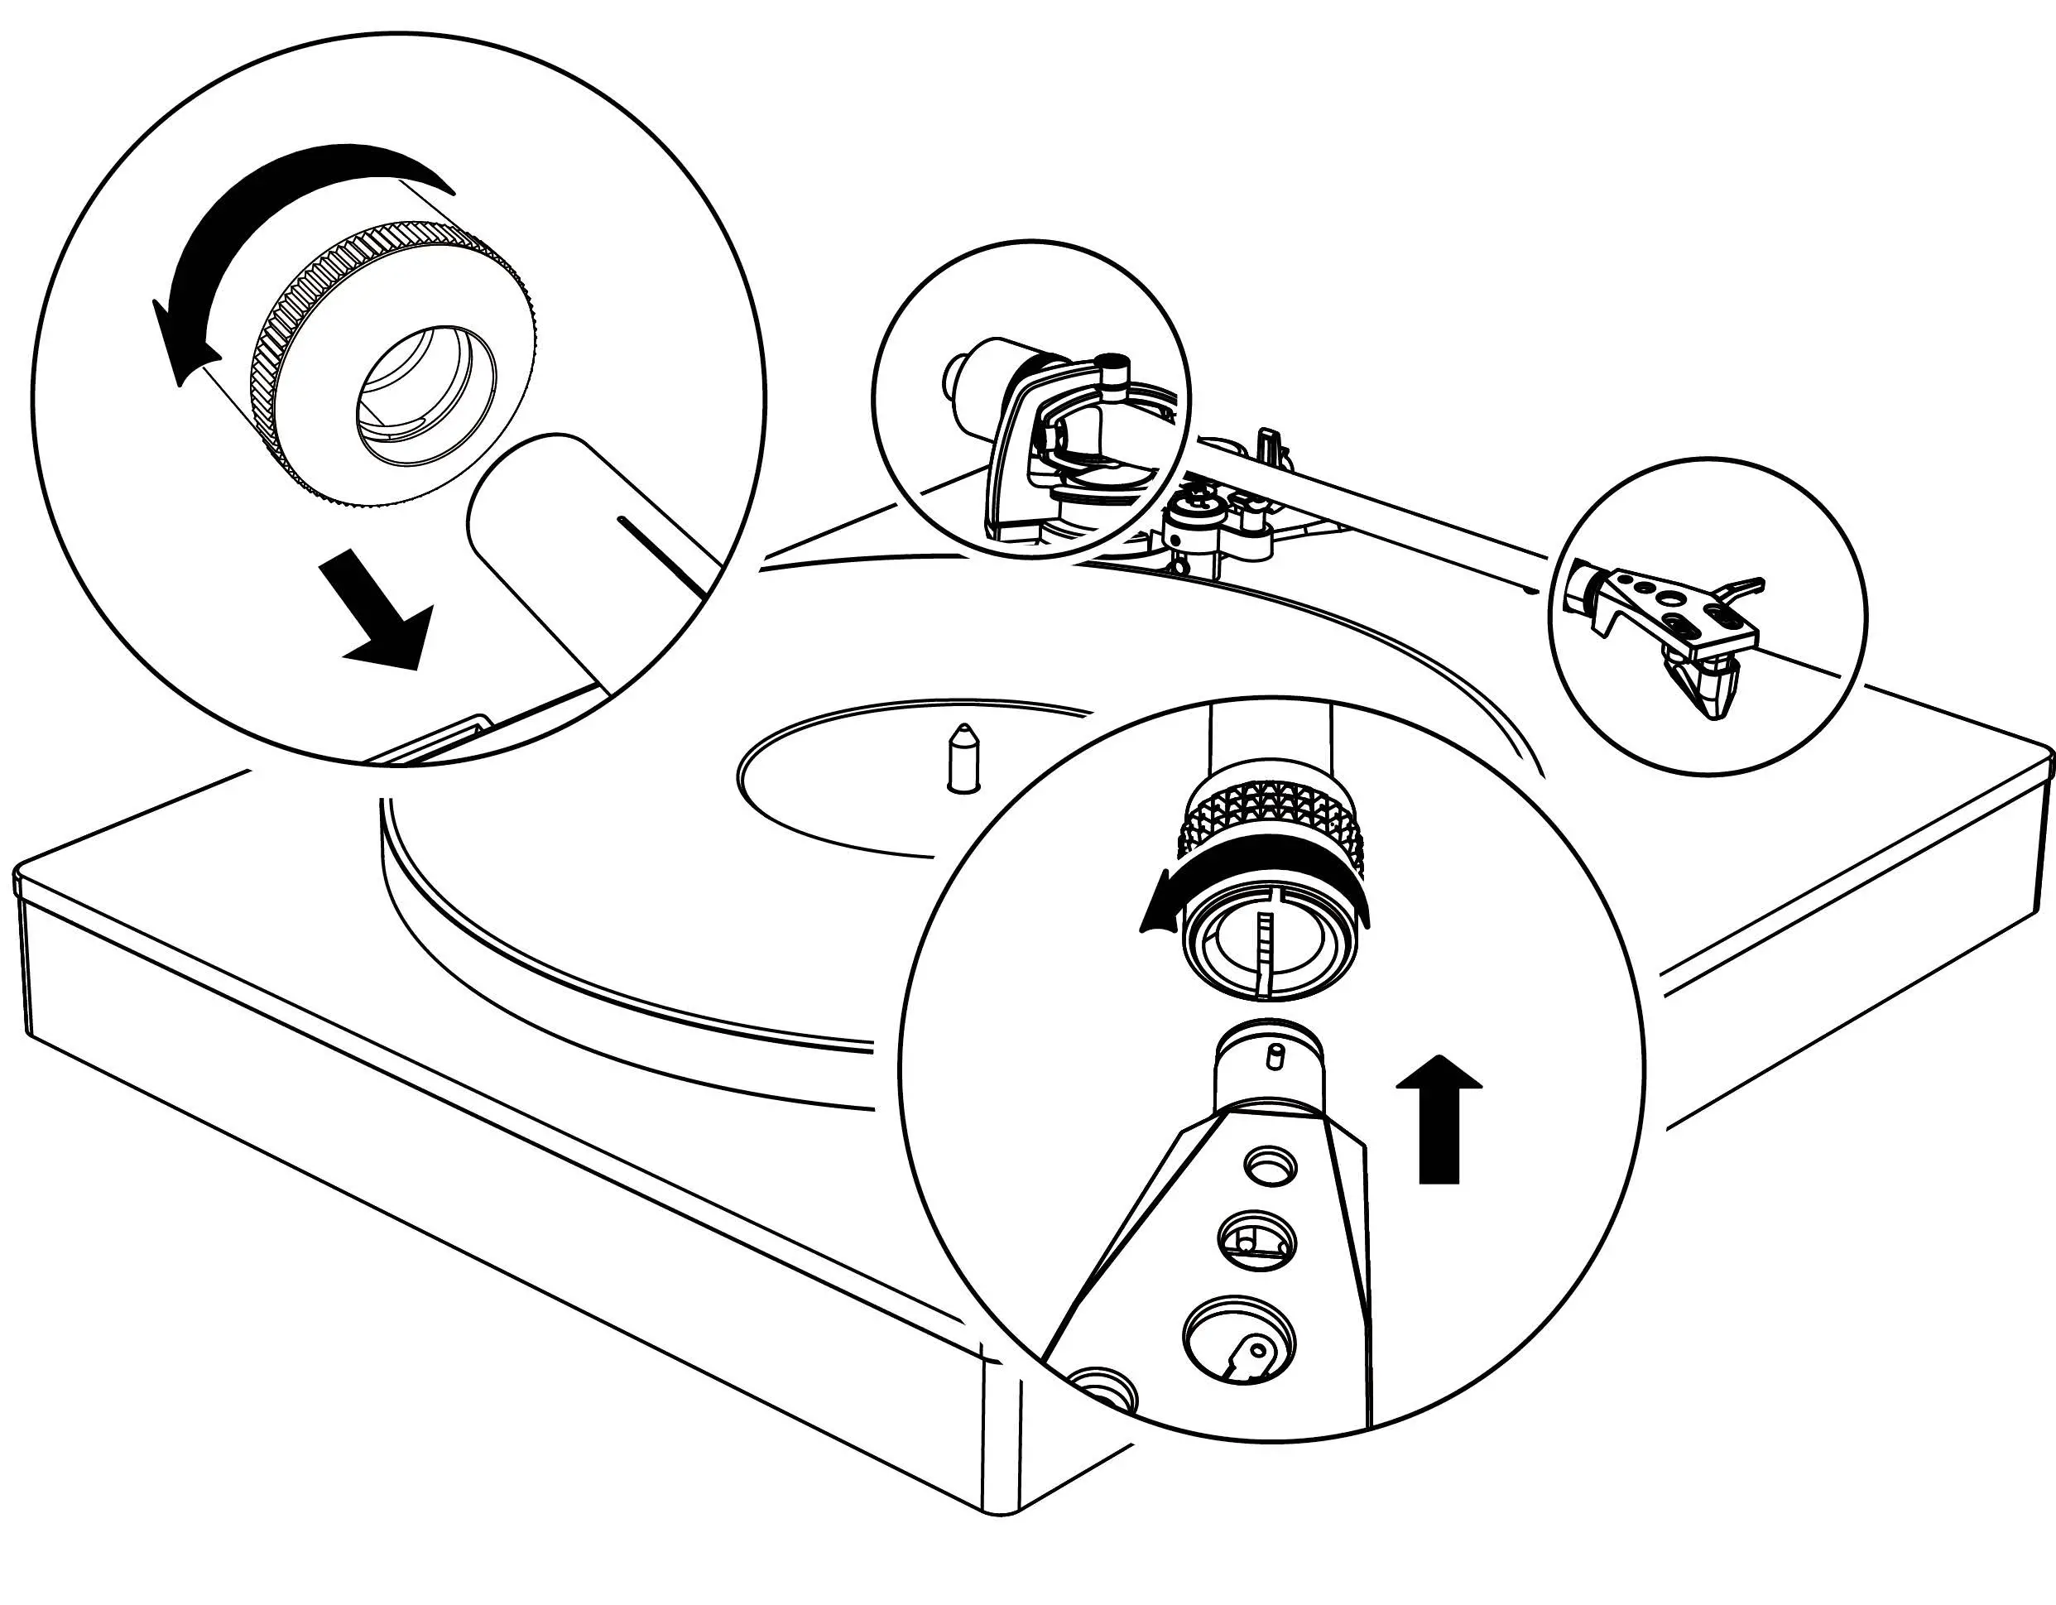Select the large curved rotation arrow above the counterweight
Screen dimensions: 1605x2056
point(282,217)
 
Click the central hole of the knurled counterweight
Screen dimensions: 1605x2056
point(425,393)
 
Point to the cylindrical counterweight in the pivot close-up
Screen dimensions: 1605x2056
point(979,377)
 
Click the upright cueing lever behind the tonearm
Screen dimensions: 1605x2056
point(1270,443)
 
